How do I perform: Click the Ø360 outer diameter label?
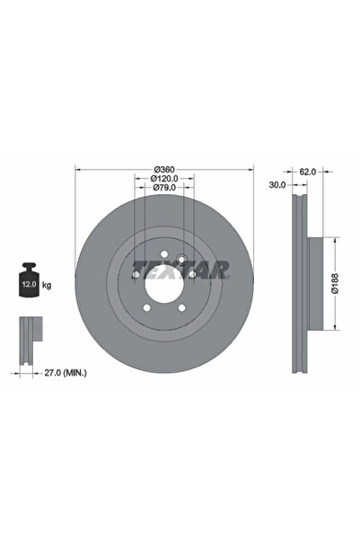[163, 170]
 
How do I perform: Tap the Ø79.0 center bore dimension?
[163, 188]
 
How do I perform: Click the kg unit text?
[47, 285]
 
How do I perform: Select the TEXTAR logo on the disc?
[181, 269]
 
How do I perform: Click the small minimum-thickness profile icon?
[31, 334]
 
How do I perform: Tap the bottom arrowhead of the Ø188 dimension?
[338, 328]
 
